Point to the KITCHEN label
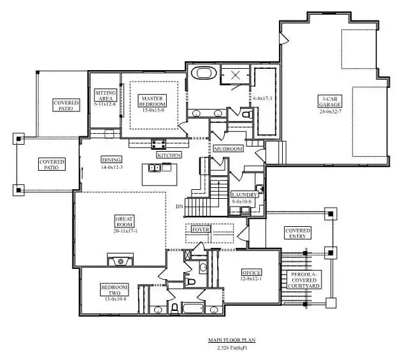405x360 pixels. click(x=169, y=155)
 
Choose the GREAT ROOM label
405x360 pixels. click(x=124, y=222)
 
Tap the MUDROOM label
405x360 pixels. click(x=228, y=149)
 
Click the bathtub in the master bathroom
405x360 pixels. click(x=206, y=73)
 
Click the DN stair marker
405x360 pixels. click(x=180, y=206)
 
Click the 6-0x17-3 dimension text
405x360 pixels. click(x=262, y=98)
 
